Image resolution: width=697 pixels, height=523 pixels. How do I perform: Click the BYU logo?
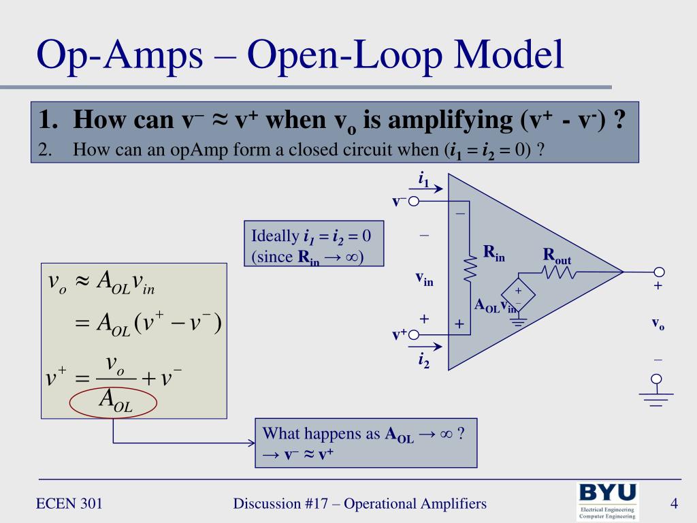[607, 501]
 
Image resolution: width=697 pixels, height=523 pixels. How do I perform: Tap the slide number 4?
[674, 504]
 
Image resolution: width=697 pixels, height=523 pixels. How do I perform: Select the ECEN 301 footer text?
[69, 504]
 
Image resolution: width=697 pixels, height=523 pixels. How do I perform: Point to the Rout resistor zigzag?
[559, 272]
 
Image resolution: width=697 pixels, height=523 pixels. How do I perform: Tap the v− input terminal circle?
[413, 201]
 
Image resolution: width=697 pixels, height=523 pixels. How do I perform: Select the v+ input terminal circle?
[413, 334]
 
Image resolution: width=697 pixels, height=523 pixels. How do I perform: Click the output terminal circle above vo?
[657, 272]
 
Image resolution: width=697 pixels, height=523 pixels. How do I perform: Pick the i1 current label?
[423, 180]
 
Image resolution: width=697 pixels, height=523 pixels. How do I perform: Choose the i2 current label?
[423, 359]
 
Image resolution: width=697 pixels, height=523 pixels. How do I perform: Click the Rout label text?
[556, 256]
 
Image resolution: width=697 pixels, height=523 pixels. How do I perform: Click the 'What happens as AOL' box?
[366, 443]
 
